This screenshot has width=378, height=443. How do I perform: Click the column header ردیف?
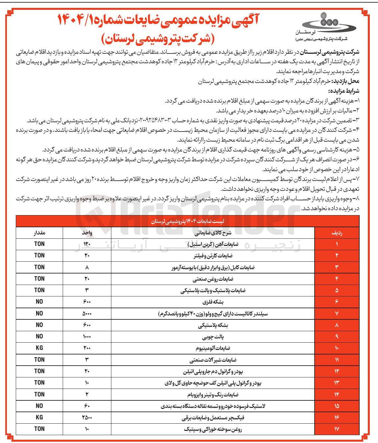(337, 232)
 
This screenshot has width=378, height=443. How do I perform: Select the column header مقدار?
(39, 232)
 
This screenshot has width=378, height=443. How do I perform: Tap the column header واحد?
(87, 232)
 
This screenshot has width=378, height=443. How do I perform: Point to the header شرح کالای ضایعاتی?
(213, 233)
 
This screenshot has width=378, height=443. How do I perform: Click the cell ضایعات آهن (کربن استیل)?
(213, 244)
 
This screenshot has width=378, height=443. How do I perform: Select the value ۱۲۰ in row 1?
(87, 244)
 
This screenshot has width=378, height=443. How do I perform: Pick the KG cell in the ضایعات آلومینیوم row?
(39, 348)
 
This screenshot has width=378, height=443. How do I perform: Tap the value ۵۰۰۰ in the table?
(87, 313)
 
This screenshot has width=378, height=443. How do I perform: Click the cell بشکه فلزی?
(213, 302)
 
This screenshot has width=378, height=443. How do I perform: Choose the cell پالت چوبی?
(213, 337)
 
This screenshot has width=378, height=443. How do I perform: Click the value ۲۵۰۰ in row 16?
(87, 417)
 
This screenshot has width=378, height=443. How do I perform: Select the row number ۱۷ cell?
(337, 429)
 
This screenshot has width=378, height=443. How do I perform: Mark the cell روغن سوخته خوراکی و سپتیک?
(213, 429)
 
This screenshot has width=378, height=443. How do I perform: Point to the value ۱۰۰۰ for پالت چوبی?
(87, 336)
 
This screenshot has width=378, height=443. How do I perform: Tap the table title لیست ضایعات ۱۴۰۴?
(187, 222)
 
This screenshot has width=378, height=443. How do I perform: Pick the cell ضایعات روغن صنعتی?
(213, 279)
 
